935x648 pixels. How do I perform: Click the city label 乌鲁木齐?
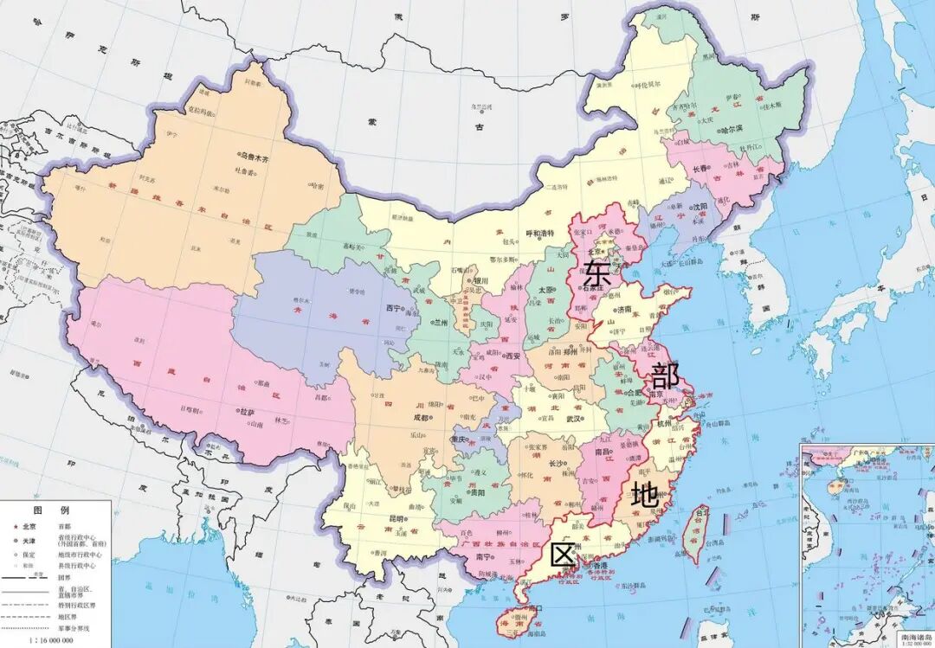tap(255, 159)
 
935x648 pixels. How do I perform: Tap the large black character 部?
tap(665, 376)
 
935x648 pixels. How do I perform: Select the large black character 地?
tap(644, 495)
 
